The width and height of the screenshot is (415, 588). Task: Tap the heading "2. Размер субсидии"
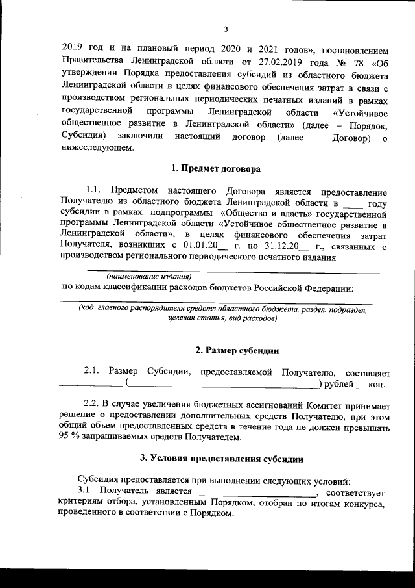tap(237, 351)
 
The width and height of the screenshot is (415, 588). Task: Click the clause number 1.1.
tap(95, 192)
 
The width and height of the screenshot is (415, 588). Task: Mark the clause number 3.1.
tap(86, 491)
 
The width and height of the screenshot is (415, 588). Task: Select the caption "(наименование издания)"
tap(143, 276)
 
